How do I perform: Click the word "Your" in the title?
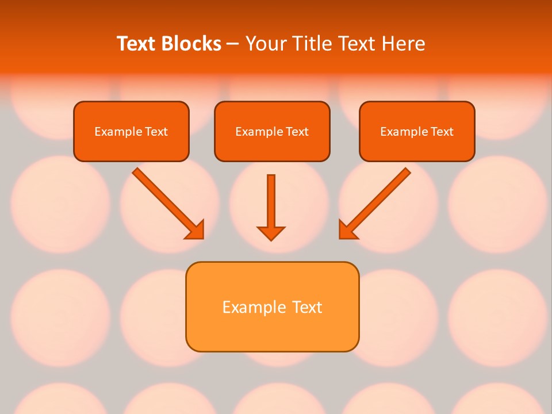pyautogui.click(x=265, y=44)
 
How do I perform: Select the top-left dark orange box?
pyautogui.click(x=131, y=147)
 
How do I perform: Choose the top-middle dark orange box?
pyautogui.click(x=272, y=147)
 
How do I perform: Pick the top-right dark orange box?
pyautogui.click(x=417, y=147)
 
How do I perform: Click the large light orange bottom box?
pyautogui.click(x=272, y=331)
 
